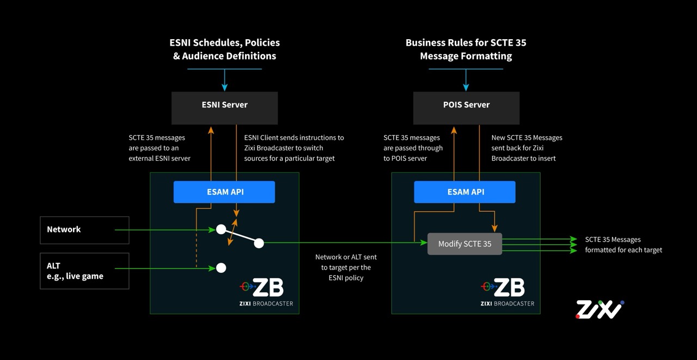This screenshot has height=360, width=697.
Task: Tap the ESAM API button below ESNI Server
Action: [x=224, y=192]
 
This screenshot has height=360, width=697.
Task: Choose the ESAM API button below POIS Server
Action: [x=464, y=192]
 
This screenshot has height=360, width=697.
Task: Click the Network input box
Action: [x=84, y=230]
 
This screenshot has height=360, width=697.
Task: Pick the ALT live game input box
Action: [x=84, y=271]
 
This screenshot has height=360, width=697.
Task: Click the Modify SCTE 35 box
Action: [x=464, y=244]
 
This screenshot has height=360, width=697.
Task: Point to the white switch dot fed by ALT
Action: [x=221, y=267]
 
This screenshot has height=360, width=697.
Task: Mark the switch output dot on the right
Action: [x=259, y=243]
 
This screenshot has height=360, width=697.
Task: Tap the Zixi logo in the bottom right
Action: [x=600, y=309]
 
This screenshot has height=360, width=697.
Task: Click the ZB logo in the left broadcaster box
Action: [x=262, y=287]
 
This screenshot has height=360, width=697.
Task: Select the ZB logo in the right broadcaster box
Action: [x=503, y=287]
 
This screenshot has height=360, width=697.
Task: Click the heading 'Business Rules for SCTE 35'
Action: [x=466, y=42]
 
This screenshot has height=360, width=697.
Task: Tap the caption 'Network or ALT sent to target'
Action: [x=346, y=267]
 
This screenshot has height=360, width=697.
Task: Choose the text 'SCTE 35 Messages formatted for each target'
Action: [x=623, y=245]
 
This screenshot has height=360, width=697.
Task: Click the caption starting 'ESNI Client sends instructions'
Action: [x=294, y=148]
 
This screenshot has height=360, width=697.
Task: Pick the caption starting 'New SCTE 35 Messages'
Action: [x=527, y=148]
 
